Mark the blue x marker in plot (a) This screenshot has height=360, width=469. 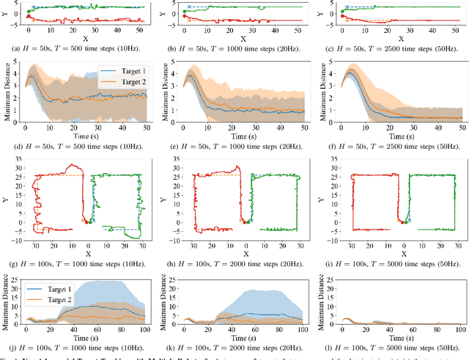34,7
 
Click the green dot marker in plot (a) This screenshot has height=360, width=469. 29,12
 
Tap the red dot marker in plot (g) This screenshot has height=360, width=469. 85,221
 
